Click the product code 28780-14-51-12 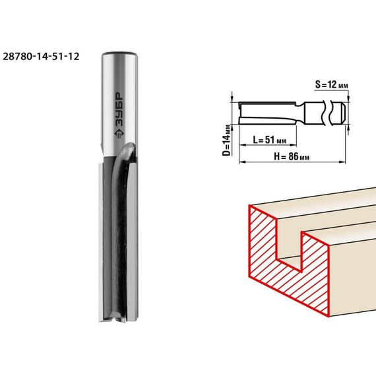click(x=41, y=57)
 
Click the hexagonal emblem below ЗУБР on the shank click(x=119, y=133)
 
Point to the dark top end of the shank click(x=119, y=53)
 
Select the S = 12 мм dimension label click(x=331, y=84)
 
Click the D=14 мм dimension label click(x=226, y=140)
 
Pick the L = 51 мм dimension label click(x=270, y=140)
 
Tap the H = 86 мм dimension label click(x=292, y=157)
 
